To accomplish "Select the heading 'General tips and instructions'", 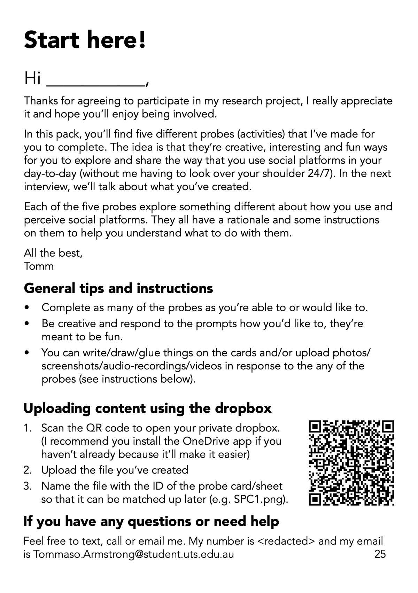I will tap(118, 288).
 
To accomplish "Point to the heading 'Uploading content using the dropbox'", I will tap(147, 408).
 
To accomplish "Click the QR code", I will tap(351, 463).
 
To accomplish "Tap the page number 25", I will tap(380, 554).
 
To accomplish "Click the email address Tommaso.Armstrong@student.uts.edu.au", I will tap(133, 554).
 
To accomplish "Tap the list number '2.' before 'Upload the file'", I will tap(28, 470).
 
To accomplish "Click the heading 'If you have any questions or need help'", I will tap(151, 521).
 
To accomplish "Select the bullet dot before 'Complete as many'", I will tap(27, 308).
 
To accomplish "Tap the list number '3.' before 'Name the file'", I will tap(28, 486).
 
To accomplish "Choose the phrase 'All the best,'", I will tap(53, 253).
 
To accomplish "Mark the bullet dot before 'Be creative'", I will tap(27, 324).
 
